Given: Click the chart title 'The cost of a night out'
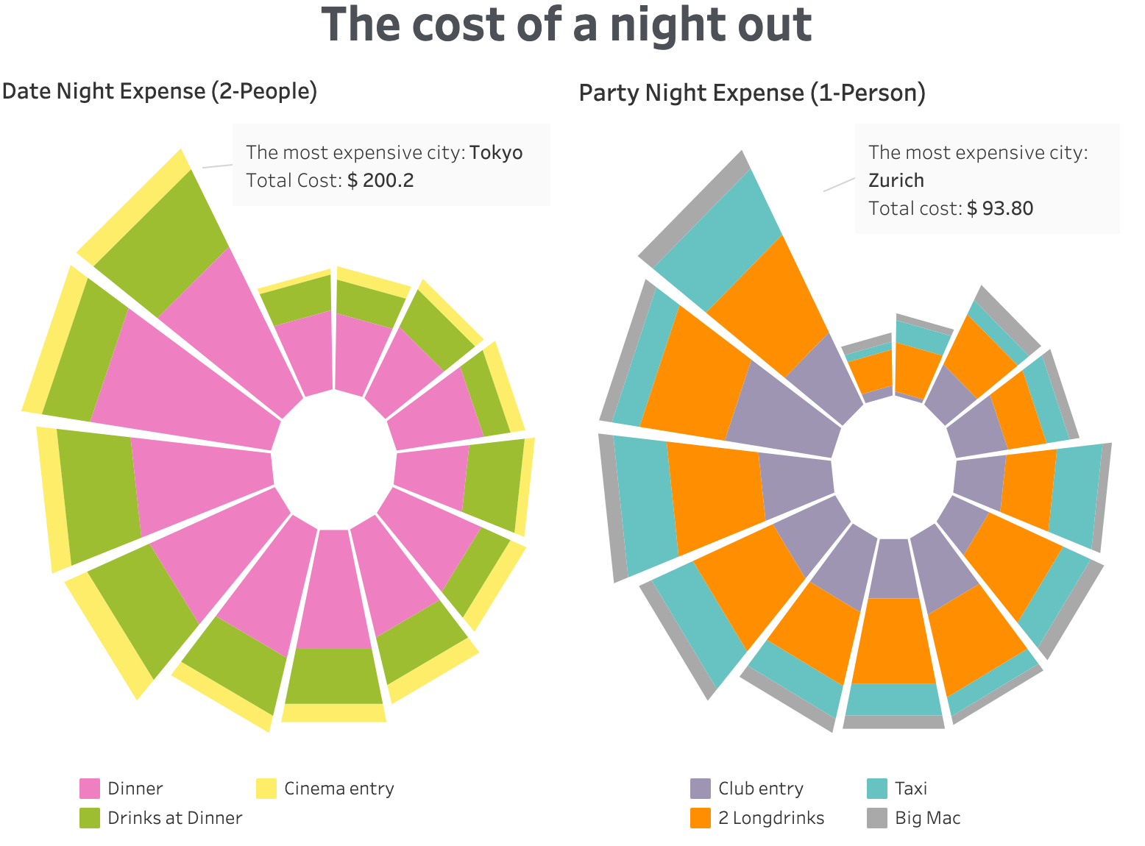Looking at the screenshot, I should (x=566, y=25).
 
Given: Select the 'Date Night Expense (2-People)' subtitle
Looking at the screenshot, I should (x=160, y=91).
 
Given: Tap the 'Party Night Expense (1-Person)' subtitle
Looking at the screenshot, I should (x=752, y=93).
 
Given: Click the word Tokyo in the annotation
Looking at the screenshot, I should (x=496, y=152).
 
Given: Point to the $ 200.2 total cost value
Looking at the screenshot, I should (x=380, y=180).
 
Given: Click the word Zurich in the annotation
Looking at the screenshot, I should (x=896, y=180).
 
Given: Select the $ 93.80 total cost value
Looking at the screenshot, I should (x=1000, y=208).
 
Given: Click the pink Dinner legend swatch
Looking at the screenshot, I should (x=89, y=789).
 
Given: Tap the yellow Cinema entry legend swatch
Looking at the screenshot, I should (x=266, y=789).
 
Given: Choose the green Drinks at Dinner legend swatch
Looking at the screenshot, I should (x=89, y=818).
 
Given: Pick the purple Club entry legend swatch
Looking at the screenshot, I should (x=701, y=789).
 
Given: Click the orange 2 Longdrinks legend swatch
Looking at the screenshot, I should (x=701, y=818).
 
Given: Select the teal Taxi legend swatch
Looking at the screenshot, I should (x=877, y=789).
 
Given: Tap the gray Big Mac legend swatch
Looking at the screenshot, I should (x=877, y=818).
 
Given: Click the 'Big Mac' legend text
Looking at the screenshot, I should (x=927, y=818).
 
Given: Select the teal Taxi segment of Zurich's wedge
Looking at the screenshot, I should (x=717, y=235).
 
